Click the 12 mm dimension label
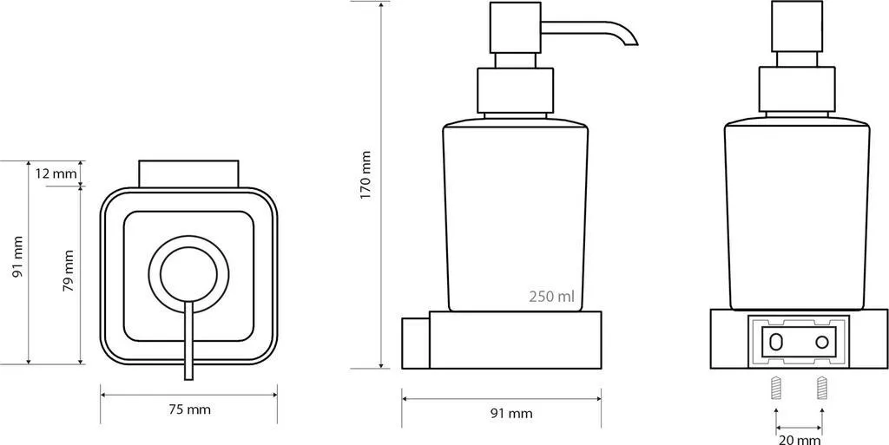pyautogui.click(x=55, y=173)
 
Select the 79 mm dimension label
pyautogui.click(x=69, y=271)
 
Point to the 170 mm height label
pyautogui.click(x=365, y=174)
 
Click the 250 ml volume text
pyautogui.click(x=551, y=296)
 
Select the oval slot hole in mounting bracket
pyautogui.click(x=776, y=342)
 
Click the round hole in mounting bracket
pyautogui.click(x=821, y=342)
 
